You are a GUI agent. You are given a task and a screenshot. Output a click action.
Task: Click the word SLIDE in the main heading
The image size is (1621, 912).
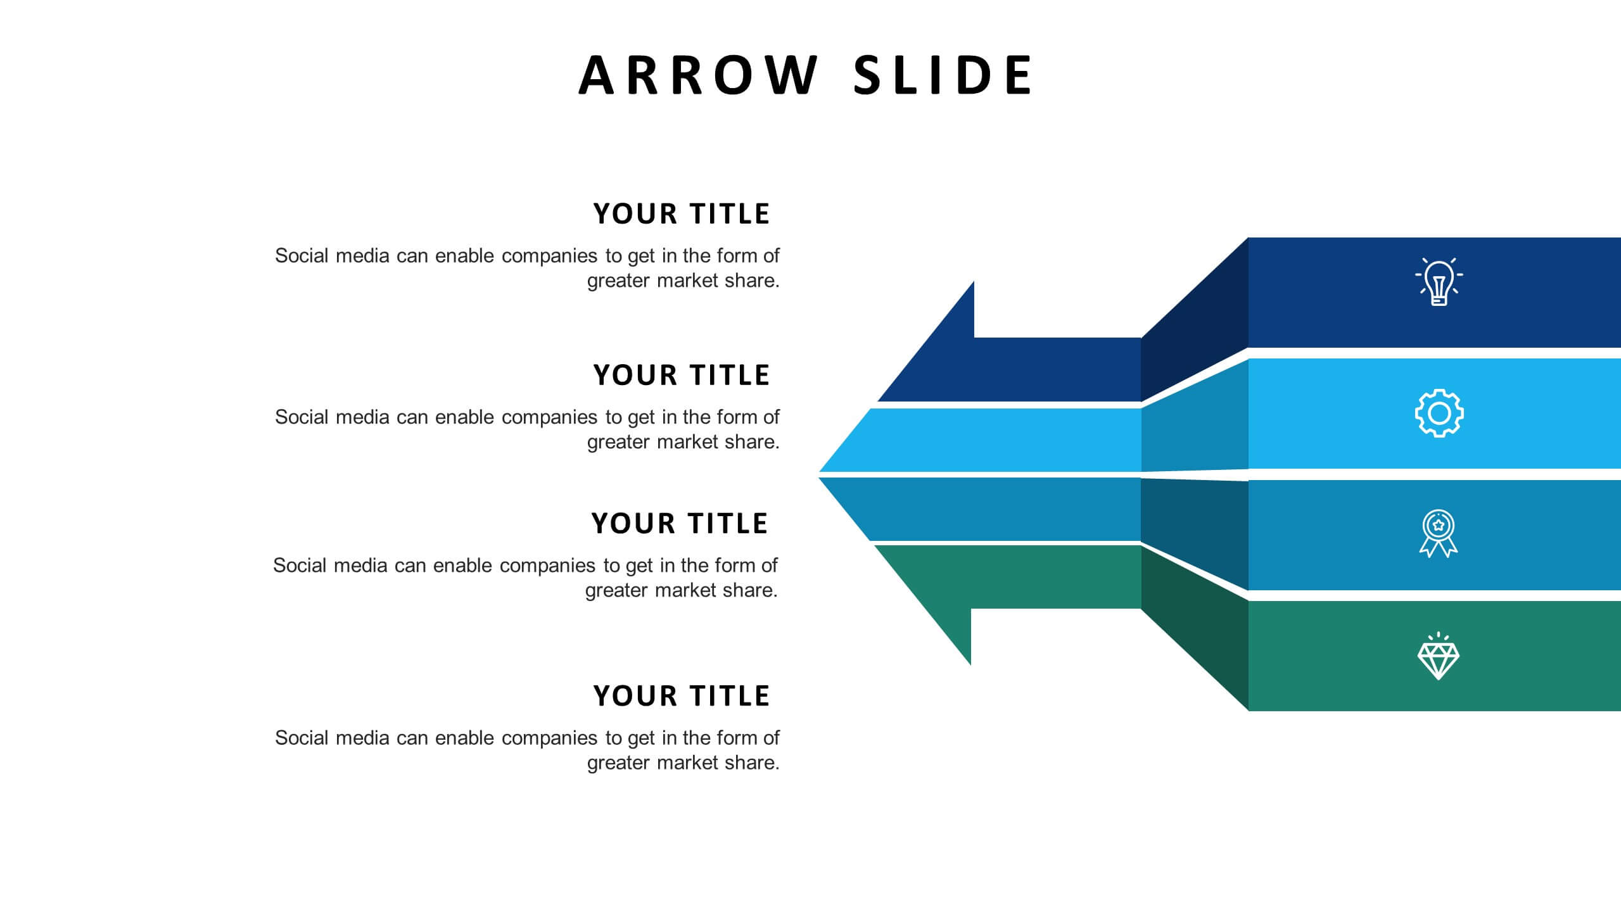coord(943,75)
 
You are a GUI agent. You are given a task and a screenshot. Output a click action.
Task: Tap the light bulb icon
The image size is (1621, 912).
coord(1439,282)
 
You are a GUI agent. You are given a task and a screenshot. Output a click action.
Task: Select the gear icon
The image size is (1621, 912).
coord(1439,414)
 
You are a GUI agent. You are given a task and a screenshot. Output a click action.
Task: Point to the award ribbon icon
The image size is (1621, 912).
coord(1438,534)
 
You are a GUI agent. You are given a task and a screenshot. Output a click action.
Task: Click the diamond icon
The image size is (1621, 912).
coord(1438,657)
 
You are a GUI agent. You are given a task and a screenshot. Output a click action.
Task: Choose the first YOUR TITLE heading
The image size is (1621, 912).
coord(681,214)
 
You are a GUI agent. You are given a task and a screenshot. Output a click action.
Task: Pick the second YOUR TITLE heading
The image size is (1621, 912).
coord(681,376)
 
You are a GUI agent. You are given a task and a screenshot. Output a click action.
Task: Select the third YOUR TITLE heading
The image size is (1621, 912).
coord(679,524)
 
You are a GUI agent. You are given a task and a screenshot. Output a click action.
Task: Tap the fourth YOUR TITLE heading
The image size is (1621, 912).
coord(681,696)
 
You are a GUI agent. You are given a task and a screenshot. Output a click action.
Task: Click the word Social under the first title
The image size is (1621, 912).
coord(301,256)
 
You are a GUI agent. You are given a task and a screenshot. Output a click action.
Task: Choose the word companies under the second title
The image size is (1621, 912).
coord(549,417)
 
